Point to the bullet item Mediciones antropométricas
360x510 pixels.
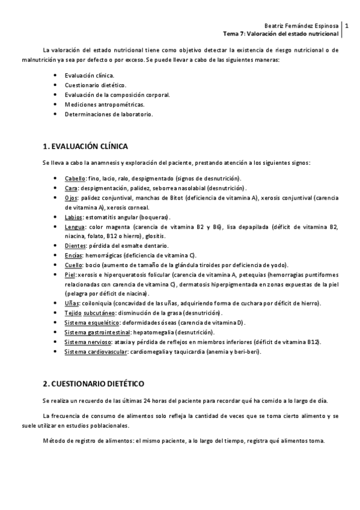(105, 104)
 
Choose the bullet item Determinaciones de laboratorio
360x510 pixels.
(109, 114)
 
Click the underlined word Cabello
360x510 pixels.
(75, 179)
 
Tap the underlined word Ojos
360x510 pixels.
(71, 197)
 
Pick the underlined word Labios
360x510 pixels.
(73, 217)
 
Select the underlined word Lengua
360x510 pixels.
(75, 227)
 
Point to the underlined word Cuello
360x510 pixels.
(73, 265)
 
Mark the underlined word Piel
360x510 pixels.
(70, 274)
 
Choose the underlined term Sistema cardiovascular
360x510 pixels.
(96, 351)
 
